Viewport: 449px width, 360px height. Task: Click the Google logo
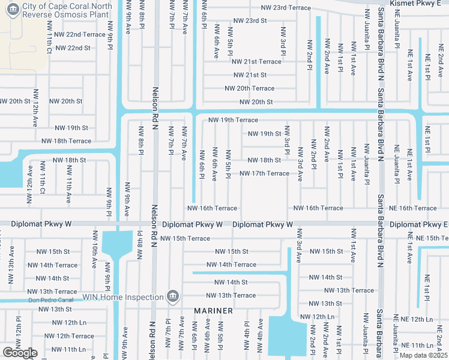(20, 353)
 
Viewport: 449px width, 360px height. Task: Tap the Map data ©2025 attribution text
(424, 355)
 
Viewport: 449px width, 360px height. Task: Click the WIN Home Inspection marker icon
(172, 296)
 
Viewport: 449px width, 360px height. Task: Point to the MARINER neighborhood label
(213, 311)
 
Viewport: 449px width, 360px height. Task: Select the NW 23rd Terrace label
(286, 8)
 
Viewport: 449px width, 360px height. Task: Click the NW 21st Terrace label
(256, 62)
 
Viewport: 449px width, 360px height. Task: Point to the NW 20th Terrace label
(250, 88)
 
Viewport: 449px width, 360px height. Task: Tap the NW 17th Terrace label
(264, 174)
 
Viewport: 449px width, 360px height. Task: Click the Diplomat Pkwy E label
(418, 224)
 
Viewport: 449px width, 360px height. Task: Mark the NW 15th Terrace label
(185, 239)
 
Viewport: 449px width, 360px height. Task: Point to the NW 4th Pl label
(247, 336)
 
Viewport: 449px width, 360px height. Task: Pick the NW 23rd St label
(248, 20)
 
